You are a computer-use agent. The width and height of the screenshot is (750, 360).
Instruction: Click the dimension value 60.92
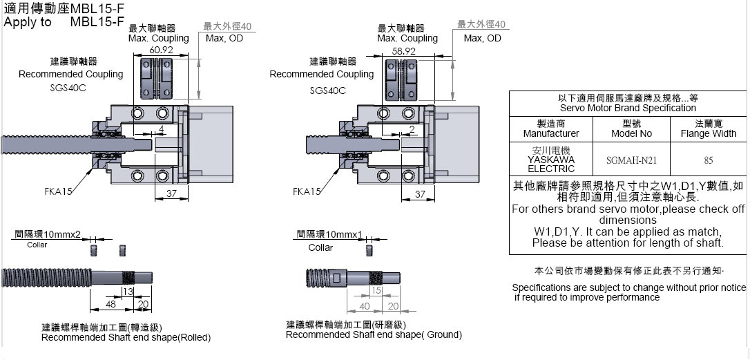[161, 50]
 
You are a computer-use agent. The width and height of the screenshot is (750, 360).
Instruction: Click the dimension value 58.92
[404, 50]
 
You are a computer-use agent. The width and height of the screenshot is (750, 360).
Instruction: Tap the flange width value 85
[708, 160]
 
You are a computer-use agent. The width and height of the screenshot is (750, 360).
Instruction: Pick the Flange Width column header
[708, 129]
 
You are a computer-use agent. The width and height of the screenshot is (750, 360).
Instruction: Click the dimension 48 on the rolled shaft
[110, 304]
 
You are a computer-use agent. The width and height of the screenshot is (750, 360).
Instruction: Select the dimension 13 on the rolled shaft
[128, 292]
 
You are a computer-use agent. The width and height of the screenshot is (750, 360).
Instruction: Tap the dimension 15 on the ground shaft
[376, 291]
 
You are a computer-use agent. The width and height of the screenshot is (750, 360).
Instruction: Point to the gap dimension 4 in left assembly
[161, 129]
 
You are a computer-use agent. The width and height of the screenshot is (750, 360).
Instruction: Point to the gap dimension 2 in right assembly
[411, 129]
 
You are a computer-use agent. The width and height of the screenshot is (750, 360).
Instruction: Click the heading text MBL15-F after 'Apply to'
[97, 21]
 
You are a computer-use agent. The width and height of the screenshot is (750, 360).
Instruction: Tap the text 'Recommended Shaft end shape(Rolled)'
[126, 337]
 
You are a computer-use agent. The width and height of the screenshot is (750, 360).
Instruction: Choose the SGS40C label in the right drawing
[327, 90]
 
